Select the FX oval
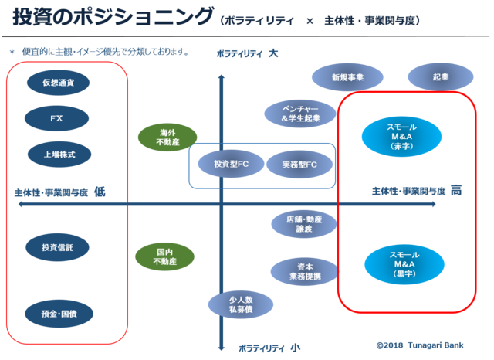coord(56,119)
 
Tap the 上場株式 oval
coord(59,155)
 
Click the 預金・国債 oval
coord(59,314)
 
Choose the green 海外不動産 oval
coord(163,138)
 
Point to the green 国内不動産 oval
coord(163,257)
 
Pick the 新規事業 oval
coord(347,77)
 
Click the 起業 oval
coord(440,77)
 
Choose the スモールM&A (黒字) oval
coord(402,263)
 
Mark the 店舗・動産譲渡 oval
coord(303,225)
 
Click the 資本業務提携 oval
coord(303,271)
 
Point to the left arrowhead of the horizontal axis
coord(20,205)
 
